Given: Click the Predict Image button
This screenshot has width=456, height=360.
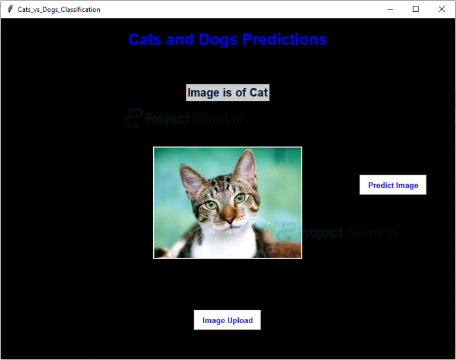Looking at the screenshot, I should (x=392, y=185).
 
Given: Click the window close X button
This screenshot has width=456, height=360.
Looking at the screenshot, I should (x=441, y=9).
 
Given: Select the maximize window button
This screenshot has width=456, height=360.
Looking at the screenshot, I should (x=416, y=9).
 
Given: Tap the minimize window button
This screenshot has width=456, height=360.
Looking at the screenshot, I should (x=390, y=9).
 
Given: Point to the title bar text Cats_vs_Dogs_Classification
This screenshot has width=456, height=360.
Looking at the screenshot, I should (x=59, y=10).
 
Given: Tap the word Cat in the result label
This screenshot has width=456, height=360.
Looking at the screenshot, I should (x=258, y=93).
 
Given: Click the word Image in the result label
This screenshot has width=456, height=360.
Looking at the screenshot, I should (x=203, y=93).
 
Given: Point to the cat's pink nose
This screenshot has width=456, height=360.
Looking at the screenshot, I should (x=229, y=219).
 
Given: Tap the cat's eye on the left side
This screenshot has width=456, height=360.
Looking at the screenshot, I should (x=211, y=205).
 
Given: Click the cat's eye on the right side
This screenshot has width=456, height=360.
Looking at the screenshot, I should (x=239, y=198).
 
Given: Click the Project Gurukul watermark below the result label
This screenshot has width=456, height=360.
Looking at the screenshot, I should (x=184, y=119).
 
